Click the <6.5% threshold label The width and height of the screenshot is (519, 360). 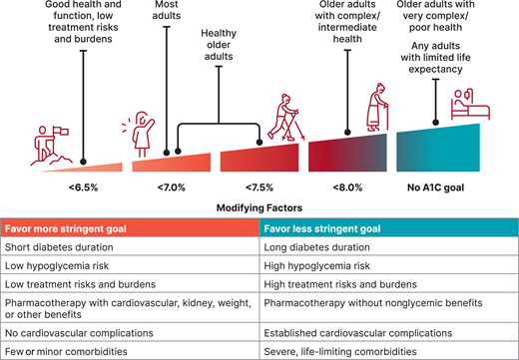click(x=84, y=184)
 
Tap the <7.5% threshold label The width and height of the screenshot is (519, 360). click(x=258, y=184)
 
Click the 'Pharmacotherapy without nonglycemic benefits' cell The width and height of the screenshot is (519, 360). click(x=374, y=306)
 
